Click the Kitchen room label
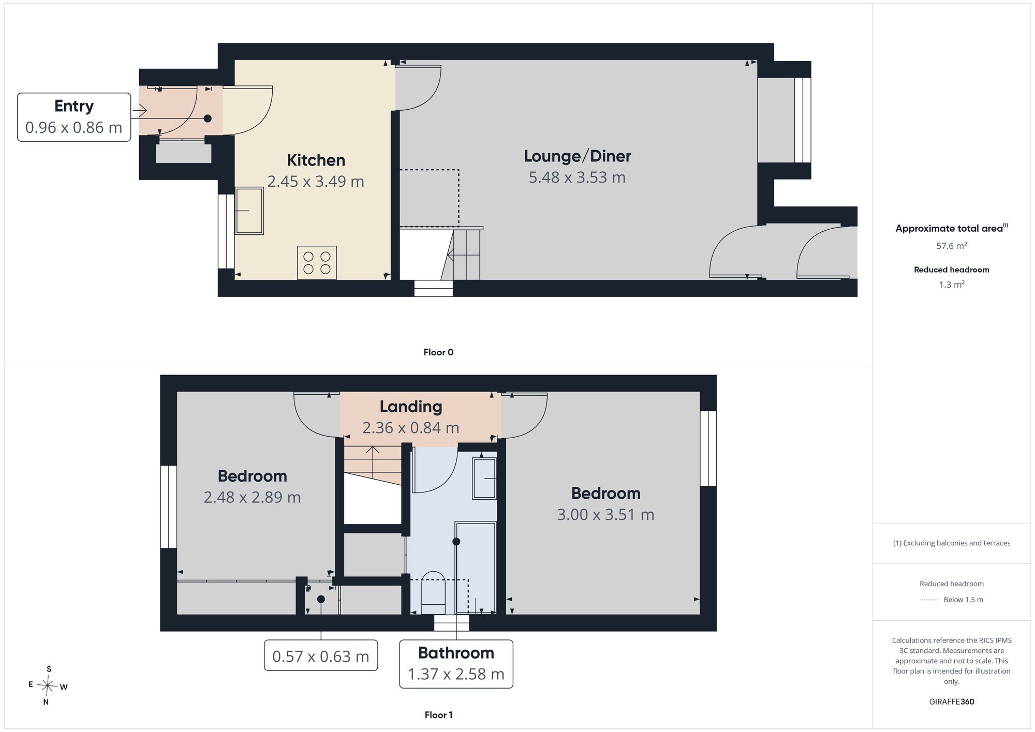coord(316,160)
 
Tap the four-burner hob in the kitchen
coord(317,263)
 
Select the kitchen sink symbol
coord(249,211)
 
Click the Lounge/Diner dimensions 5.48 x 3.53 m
coord(577,177)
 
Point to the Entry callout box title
coord(74,106)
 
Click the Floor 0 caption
coord(438,352)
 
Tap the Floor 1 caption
coord(438,715)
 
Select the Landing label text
coord(411,407)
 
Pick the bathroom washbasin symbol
coord(484,479)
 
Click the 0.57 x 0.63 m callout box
coord(321,655)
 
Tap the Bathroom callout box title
coord(456,653)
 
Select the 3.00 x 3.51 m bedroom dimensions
coord(605,515)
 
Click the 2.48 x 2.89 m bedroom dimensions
coord(252,497)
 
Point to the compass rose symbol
coord(48,686)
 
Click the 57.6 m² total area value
coord(952,246)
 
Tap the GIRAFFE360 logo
coord(952,702)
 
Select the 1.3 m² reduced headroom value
coord(952,285)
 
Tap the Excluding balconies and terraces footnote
coord(952,543)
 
